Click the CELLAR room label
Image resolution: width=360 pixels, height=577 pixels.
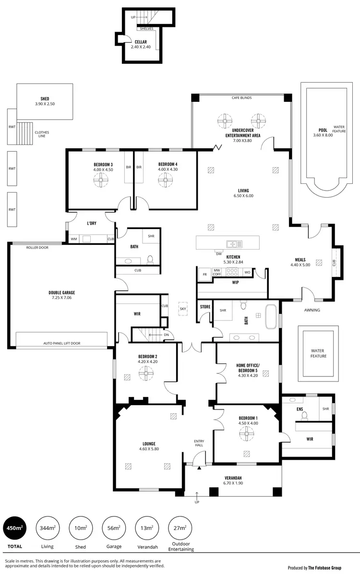[x=141, y=42]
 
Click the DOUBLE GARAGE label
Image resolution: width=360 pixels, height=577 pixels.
[x=61, y=292]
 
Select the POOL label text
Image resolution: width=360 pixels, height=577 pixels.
[x=323, y=130]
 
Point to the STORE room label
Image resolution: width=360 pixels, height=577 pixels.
[x=205, y=306]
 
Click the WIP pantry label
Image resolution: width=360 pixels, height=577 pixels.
[x=235, y=282]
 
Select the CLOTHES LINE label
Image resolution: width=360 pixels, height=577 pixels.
[x=41, y=134]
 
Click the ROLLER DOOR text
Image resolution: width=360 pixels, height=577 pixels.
[x=37, y=248]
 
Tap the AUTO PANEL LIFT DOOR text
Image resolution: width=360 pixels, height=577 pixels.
[x=62, y=344]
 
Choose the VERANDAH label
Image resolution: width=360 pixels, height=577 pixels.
[x=233, y=478]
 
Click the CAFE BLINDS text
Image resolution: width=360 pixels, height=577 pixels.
[x=241, y=97]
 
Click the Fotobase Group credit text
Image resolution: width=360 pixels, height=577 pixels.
[x=314, y=568]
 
